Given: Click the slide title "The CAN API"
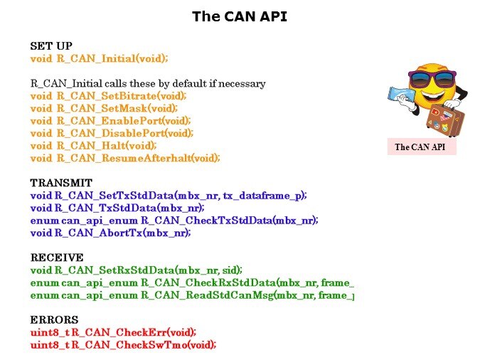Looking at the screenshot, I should [240, 16].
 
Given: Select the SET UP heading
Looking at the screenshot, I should [51, 46].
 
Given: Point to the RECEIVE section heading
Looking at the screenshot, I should [57, 258].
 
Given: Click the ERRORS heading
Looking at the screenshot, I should [54, 320].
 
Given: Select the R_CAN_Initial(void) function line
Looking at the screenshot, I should [100, 58].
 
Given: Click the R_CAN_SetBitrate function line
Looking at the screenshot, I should [108, 96].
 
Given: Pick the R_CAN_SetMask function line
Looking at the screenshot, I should [103, 108].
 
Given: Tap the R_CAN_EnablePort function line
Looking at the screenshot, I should [111, 121].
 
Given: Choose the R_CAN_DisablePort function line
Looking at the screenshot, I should [112, 133].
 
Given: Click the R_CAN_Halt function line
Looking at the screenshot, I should [94, 145].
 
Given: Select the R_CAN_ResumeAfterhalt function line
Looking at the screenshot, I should [125, 158].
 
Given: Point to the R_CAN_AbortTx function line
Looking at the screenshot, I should [110, 233].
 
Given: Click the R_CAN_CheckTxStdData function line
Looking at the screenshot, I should [174, 221].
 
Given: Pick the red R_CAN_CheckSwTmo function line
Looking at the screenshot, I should [123, 345].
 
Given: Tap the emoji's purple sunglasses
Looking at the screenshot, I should [430, 77].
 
